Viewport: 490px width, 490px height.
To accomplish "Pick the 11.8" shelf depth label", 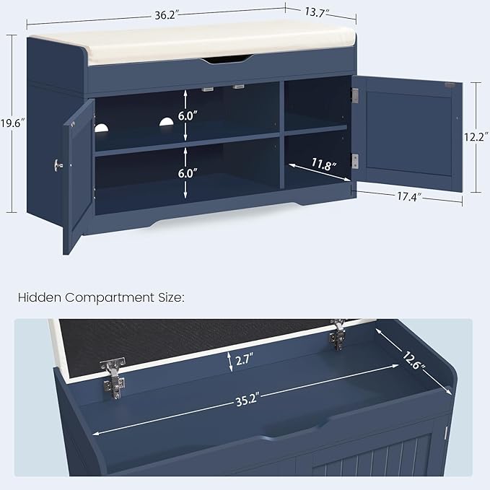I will pos(324,165).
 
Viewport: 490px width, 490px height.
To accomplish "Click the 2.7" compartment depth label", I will pos(246,359).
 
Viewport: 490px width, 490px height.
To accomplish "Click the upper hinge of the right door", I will pos(354,95).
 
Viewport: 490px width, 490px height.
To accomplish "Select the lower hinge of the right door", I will pos(354,161).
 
